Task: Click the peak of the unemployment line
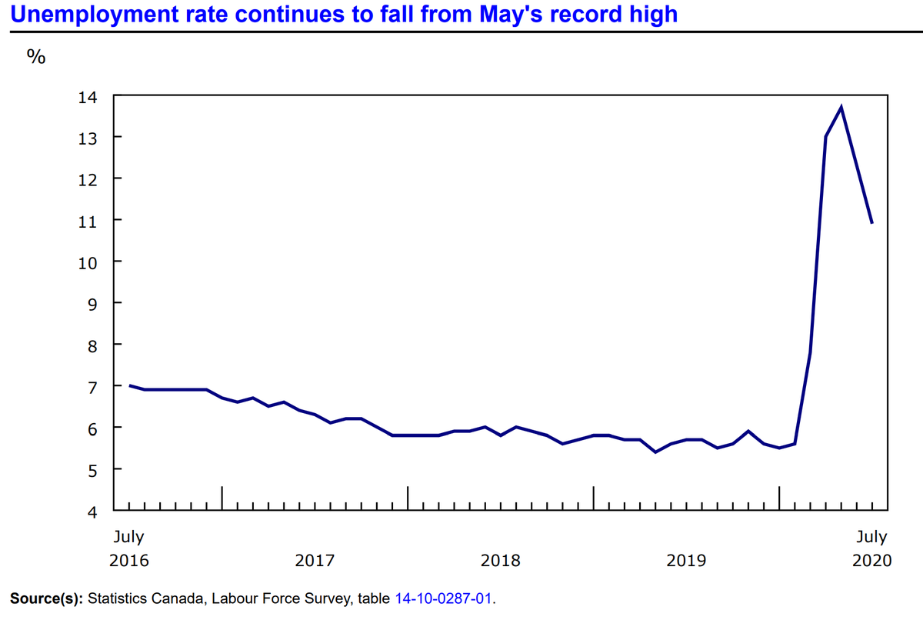(841, 107)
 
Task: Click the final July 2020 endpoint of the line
(871, 223)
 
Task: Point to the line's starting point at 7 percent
(130, 385)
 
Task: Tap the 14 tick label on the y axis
(88, 98)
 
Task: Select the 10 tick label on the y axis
(88, 262)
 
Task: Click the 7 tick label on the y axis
(92, 386)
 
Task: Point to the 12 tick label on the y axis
(88, 179)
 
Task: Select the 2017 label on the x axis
(315, 560)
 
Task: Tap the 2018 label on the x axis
(501, 560)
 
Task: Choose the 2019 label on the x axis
(686, 560)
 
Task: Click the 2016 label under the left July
(128, 560)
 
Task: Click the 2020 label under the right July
(872, 560)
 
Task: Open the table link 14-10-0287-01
(444, 598)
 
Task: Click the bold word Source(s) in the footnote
(47, 598)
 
